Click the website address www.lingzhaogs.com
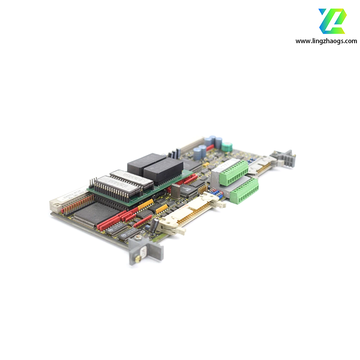click(x=326, y=41)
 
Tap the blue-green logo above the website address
click(x=332, y=21)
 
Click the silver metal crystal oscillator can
click(x=175, y=191)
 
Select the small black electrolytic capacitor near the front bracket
click(x=154, y=225)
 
